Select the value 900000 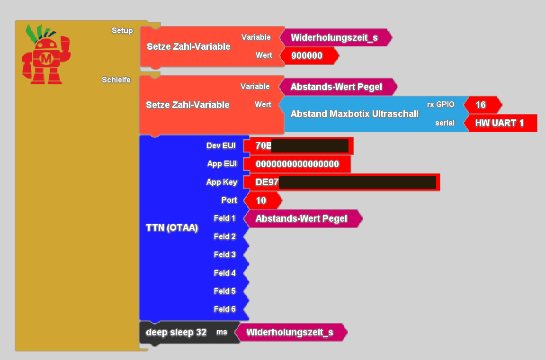click(x=307, y=56)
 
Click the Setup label click(x=122, y=31)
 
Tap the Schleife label click(x=116, y=80)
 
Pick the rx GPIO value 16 click(x=481, y=105)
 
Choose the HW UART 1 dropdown click(x=500, y=123)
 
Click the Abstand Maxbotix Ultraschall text click(x=354, y=114)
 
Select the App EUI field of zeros click(x=297, y=164)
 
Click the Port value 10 click(x=261, y=200)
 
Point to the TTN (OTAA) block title click(x=172, y=227)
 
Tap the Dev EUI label click(x=221, y=146)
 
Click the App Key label click(x=222, y=182)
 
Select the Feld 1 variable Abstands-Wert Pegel click(x=301, y=218)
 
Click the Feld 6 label click(x=224, y=309)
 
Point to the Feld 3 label click(x=224, y=255)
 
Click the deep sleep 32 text click(x=176, y=333)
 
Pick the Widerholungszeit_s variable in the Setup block click(x=334, y=38)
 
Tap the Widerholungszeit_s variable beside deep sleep click(x=290, y=333)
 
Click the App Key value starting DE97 click(x=341, y=182)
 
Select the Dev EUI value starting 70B click(x=298, y=146)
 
